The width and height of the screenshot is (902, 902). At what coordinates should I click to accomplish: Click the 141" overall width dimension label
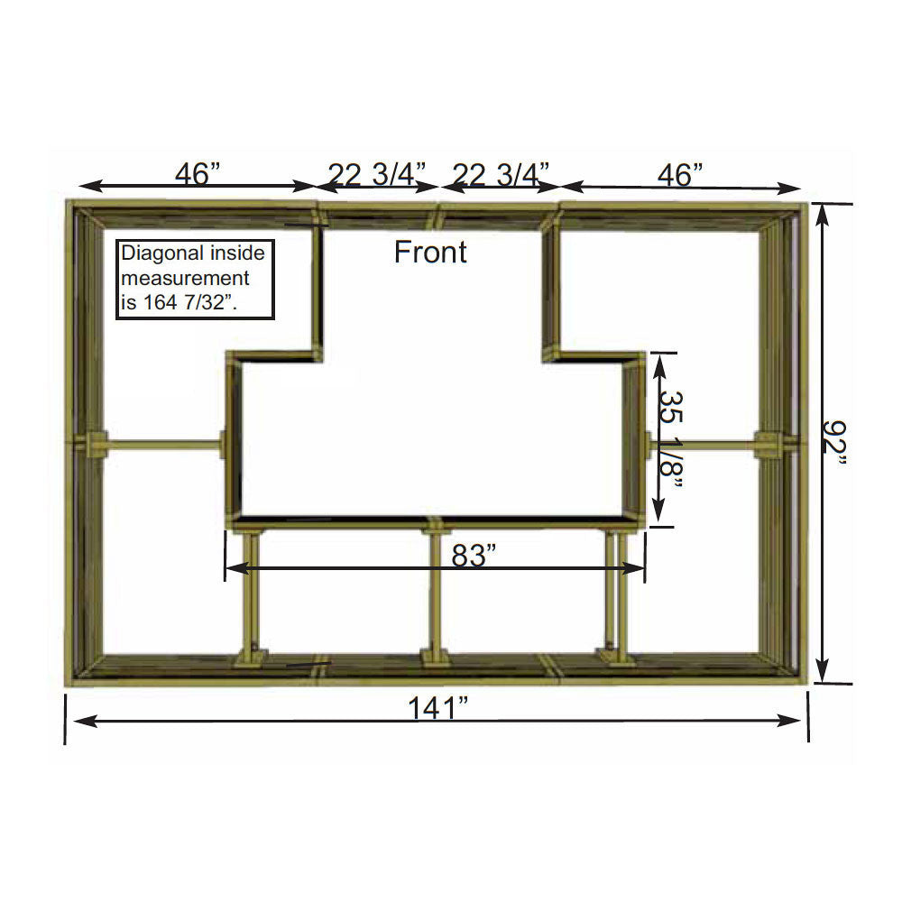tap(437, 709)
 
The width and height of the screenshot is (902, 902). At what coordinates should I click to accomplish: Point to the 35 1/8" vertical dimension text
tap(671, 437)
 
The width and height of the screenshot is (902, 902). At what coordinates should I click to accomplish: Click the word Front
tap(430, 253)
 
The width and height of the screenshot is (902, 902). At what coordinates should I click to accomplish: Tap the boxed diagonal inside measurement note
tap(196, 279)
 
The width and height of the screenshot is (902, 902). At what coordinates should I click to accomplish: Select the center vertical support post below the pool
tap(435, 591)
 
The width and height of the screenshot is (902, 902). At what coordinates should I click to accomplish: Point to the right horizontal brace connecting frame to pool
tap(704, 443)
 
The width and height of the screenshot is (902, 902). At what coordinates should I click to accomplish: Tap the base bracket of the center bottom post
tap(435, 658)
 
